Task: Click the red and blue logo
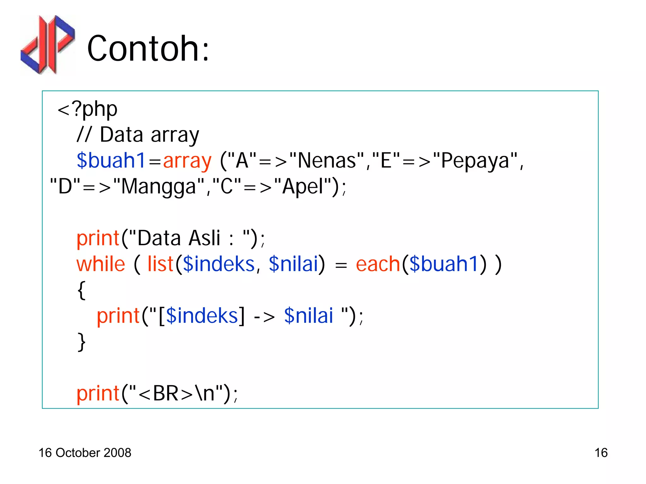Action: click(48, 45)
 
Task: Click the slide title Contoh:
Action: click(148, 49)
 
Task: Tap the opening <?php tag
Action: click(87, 109)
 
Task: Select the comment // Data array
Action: click(138, 135)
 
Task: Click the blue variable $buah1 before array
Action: click(111, 161)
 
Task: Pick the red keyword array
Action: click(187, 161)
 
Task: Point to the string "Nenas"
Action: click(327, 161)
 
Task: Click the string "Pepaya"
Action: click(475, 161)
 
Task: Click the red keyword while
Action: click(101, 264)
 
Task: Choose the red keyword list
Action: click(160, 264)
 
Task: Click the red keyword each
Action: click(378, 264)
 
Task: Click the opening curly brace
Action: click(81, 290)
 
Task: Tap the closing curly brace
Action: click(81, 342)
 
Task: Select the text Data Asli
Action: click(179, 238)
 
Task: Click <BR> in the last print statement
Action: click(165, 394)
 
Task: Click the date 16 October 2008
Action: click(85, 453)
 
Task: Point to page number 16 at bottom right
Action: click(601, 453)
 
